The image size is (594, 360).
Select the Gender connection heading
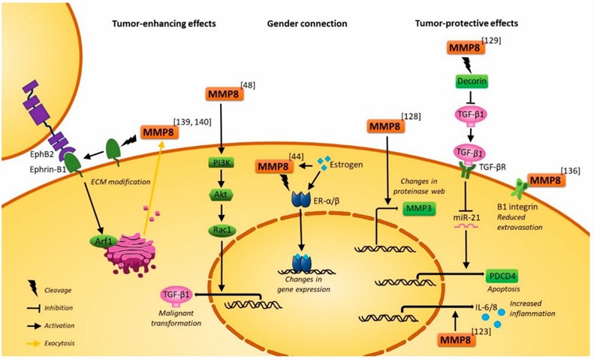pyautogui.click(x=307, y=24)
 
